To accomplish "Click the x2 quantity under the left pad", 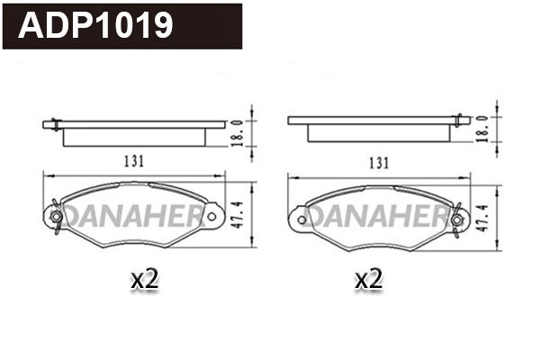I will tap(144, 280).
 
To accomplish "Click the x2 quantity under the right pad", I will tap(368, 281).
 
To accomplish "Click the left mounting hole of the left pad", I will tap(57, 216).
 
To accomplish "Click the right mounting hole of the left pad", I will tap(211, 216).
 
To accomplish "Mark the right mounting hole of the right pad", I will tap(457, 217).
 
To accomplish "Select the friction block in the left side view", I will tap(135, 136).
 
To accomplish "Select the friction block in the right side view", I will tap(378, 132).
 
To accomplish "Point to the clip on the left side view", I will tap(55, 123).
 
